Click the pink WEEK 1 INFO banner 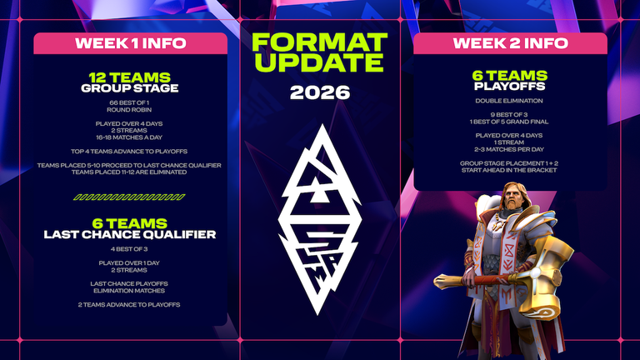130,43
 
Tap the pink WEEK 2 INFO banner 510,43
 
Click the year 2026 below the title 320,92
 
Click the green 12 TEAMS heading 130,77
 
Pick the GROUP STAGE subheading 130,87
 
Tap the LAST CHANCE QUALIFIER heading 130,234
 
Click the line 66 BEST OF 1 130,102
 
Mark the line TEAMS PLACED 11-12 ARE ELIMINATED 130,172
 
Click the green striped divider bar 130,197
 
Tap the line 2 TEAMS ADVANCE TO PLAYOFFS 130,304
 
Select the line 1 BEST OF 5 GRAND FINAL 508,120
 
